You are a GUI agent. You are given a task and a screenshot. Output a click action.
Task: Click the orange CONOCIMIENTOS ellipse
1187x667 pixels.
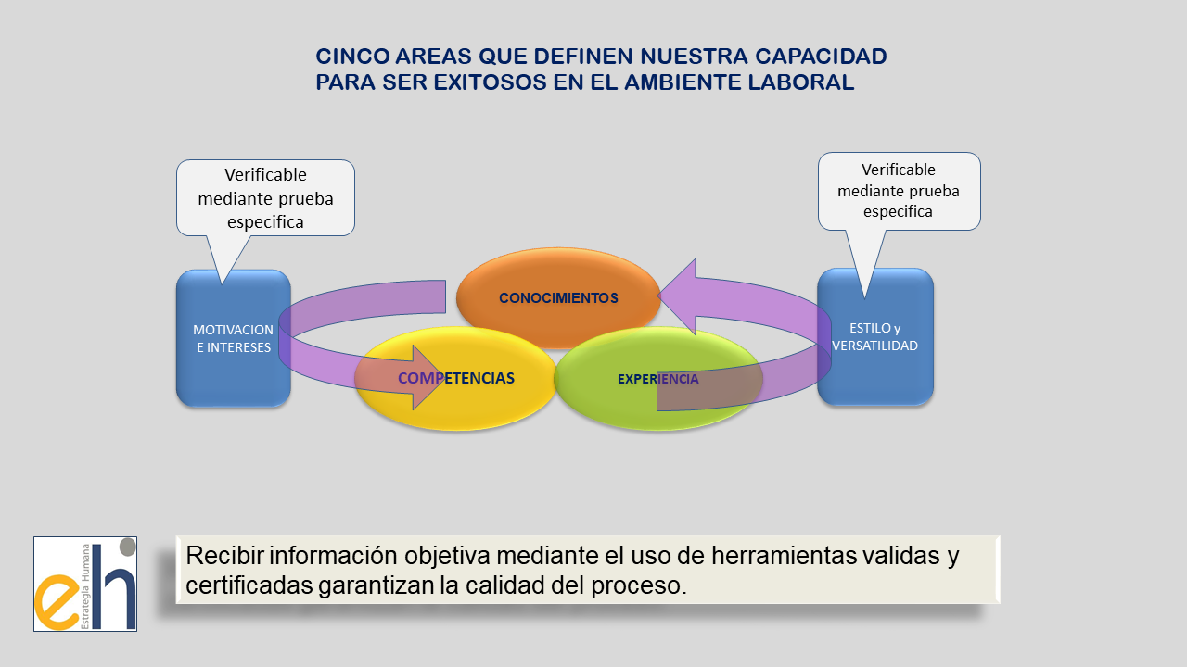[x=558, y=297]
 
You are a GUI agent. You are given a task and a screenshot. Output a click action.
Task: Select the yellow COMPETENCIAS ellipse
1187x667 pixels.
[x=455, y=379]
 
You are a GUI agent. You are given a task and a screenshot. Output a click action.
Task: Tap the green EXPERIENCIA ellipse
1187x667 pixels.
[x=658, y=379]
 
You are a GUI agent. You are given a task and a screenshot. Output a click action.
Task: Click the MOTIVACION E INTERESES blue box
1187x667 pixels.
[x=233, y=338]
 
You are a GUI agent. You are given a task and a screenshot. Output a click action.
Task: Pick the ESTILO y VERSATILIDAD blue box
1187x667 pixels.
[x=874, y=336]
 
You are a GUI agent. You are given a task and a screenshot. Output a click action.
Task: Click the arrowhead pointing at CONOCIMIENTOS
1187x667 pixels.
[x=677, y=296]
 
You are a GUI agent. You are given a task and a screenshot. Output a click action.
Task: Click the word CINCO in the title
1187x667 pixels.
[x=352, y=57]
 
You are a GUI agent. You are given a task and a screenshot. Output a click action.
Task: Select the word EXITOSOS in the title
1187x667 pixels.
[x=491, y=82]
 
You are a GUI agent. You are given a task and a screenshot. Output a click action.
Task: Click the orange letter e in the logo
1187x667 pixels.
[x=57, y=602]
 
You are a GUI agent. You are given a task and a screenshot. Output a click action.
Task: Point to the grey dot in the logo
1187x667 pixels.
[x=128, y=547]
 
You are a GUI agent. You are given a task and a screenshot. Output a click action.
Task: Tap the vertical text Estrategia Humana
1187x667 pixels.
[x=85, y=586]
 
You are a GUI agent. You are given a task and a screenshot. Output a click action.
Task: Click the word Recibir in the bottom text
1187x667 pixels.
[x=224, y=555]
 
